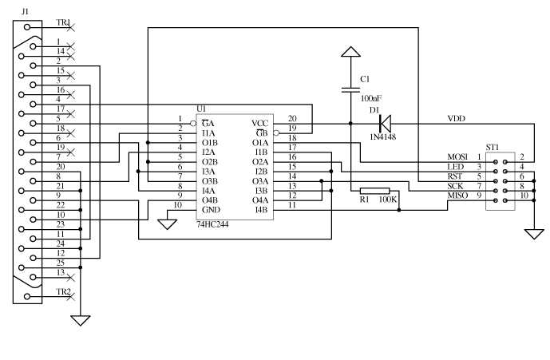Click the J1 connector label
26,12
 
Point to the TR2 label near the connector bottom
62,292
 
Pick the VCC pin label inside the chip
260,123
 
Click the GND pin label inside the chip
210,211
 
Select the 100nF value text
371,98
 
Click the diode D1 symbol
384,123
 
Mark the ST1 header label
493,147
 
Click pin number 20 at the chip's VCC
292,119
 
